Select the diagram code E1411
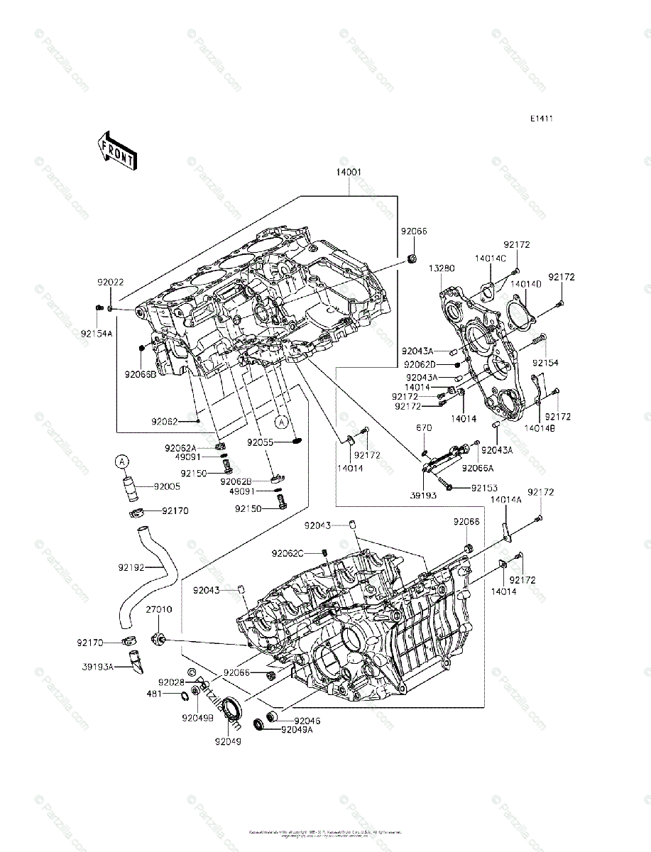(540, 119)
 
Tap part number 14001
(349, 173)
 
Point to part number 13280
(441, 268)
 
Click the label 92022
(111, 282)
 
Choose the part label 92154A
(97, 332)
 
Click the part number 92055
(260, 442)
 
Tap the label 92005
(168, 487)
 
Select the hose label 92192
(131, 567)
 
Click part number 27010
(159, 610)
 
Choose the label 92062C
(288, 553)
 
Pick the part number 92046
(307, 720)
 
